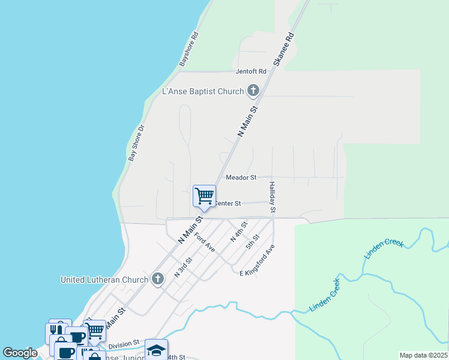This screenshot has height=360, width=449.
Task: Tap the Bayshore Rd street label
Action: pyautogui.click(x=188, y=49)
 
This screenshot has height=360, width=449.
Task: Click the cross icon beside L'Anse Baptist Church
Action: pyautogui.click(x=253, y=91)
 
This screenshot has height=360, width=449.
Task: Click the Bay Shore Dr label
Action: pyautogui.click(x=137, y=143)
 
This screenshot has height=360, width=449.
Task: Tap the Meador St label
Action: pyautogui.click(x=241, y=178)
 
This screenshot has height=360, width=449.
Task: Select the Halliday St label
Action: pyautogui.click(x=272, y=197)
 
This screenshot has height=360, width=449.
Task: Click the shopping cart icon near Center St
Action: pyautogui.click(x=204, y=196)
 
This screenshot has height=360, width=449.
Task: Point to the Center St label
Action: pyautogui.click(x=228, y=204)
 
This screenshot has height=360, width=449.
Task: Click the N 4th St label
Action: pyautogui.click(x=239, y=232)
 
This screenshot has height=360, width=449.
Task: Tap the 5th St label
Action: pyautogui.click(x=252, y=241)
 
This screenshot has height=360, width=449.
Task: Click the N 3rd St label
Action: pyautogui.click(x=182, y=268)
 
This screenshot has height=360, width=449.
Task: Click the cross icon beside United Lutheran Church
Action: pyautogui.click(x=157, y=279)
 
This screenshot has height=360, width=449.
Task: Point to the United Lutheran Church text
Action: pyautogui.click(x=104, y=280)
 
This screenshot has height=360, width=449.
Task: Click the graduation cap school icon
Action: pyautogui.click(x=156, y=350)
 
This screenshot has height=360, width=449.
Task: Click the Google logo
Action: pyautogui.click(x=20, y=353)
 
